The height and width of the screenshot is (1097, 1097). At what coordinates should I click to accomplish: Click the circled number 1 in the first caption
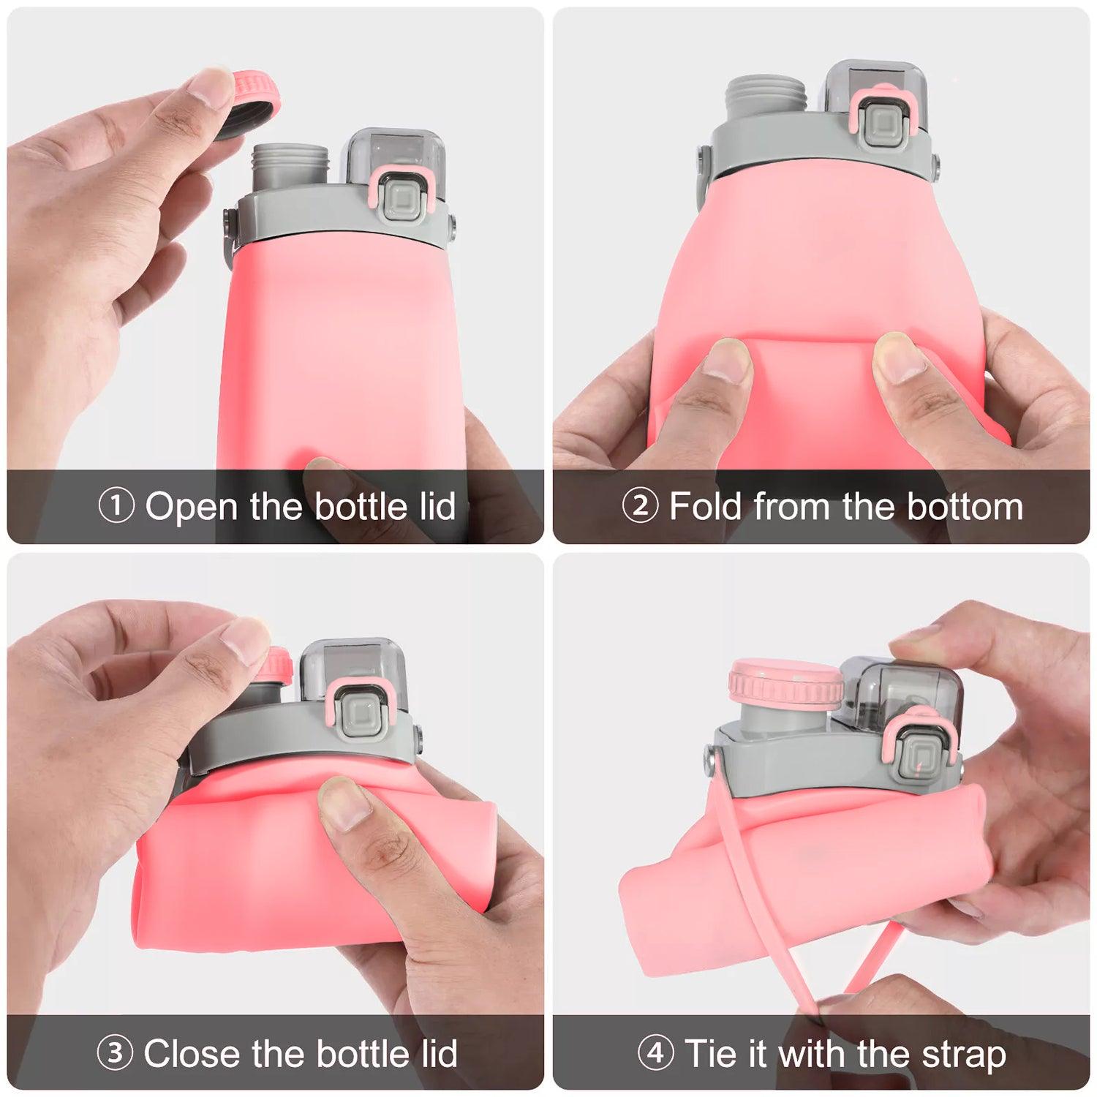point(116,506)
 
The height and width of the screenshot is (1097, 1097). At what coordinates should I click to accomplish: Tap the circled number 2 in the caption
point(641,506)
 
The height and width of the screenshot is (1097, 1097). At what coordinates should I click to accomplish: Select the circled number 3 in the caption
point(115,1053)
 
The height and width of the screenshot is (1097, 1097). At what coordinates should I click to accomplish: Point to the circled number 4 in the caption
point(656,1053)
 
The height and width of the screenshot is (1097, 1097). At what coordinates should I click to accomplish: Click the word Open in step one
point(192,506)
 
